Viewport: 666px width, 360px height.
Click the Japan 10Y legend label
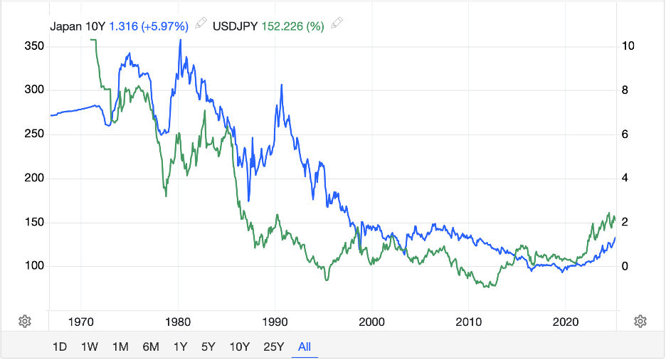pos(78,26)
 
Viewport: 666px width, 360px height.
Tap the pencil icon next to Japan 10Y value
pos(201,24)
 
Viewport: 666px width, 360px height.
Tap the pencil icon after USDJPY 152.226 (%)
pos(337,24)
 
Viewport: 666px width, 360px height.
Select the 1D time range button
pos(60,347)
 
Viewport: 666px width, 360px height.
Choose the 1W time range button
pos(90,347)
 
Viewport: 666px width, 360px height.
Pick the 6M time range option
pos(151,347)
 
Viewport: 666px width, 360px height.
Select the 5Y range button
pos(208,347)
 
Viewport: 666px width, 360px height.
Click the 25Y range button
pos(274,347)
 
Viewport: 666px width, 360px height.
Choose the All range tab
pos(305,347)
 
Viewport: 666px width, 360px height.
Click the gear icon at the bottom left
pos(24,321)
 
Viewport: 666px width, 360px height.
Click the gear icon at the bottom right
pos(640,321)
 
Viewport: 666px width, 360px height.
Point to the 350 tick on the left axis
pos(34,46)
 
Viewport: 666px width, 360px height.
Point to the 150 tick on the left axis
pos(34,223)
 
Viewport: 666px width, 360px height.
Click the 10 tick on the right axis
pos(628,46)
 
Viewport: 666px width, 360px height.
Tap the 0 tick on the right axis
pos(625,266)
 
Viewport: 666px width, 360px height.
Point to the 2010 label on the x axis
pos(468,321)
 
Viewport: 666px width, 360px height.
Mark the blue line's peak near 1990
pos(282,85)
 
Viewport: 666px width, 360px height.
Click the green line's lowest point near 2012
pos(486,287)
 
